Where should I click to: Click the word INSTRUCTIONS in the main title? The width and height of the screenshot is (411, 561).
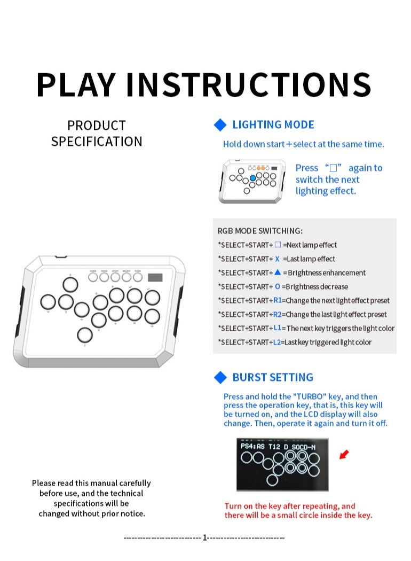[x=248, y=84]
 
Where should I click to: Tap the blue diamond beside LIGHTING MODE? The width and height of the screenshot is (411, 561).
[x=220, y=125]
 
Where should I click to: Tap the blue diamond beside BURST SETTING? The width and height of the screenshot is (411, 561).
[x=220, y=378]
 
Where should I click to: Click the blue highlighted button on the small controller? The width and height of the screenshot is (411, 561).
[x=253, y=178]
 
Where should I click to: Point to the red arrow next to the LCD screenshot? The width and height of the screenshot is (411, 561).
[x=344, y=455]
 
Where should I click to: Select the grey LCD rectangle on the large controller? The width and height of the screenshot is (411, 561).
[x=155, y=278]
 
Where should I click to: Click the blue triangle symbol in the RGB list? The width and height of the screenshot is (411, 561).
[x=278, y=272]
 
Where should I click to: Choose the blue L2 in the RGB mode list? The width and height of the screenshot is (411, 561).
[x=277, y=342]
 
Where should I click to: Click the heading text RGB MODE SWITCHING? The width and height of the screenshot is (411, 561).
[x=260, y=231]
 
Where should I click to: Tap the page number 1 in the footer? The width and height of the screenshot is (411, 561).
[x=204, y=537]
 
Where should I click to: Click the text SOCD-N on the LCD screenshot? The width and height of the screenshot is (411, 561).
[x=303, y=446]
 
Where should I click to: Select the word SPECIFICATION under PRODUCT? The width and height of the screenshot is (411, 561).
[x=97, y=142]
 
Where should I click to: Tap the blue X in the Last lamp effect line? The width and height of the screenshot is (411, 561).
[x=278, y=259]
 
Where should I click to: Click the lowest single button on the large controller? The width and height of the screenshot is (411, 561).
[x=84, y=335]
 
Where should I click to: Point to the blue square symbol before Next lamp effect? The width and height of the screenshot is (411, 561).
[x=278, y=245]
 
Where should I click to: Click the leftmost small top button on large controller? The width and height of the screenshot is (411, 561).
[x=93, y=277]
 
